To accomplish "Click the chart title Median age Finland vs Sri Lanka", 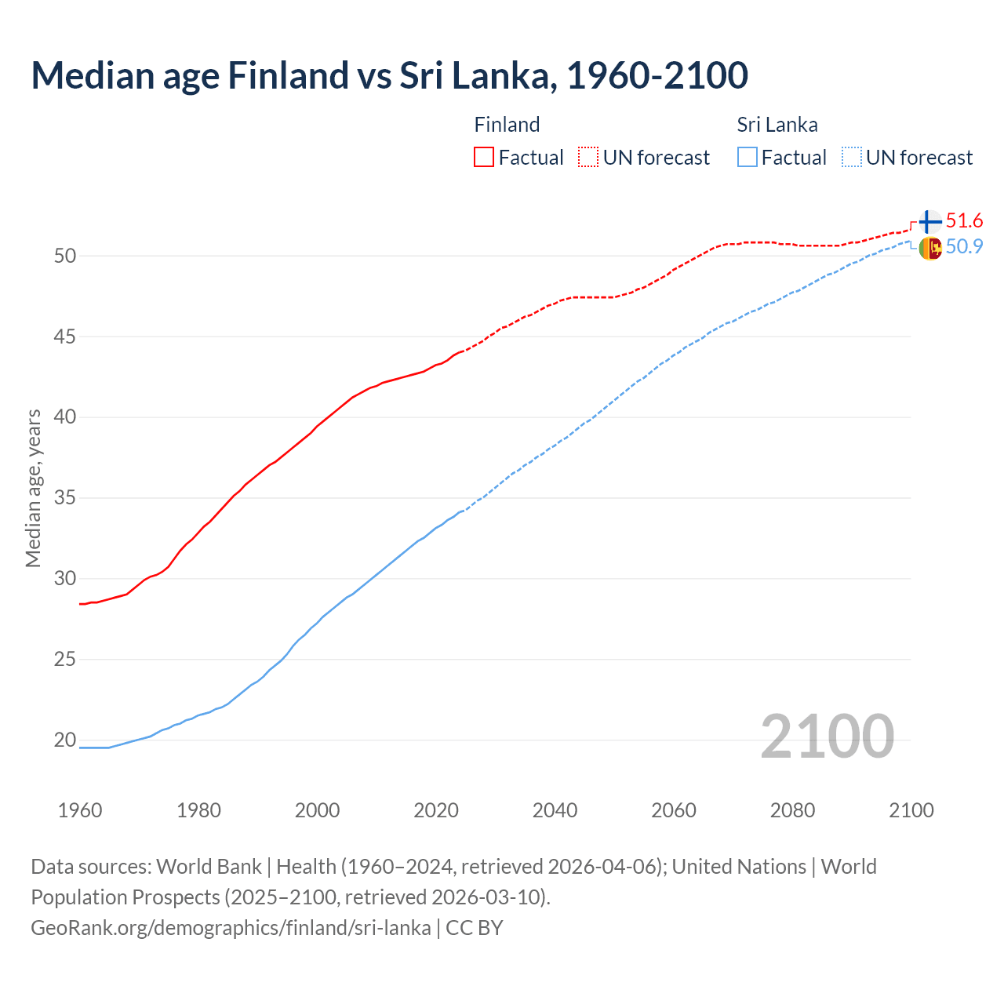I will (x=389, y=75).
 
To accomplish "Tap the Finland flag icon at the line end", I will (x=930, y=222).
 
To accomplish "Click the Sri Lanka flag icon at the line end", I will (x=930, y=248).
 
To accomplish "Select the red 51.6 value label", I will (x=964, y=221).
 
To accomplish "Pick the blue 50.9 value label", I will (x=964, y=246).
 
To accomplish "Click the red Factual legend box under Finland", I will (x=484, y=157).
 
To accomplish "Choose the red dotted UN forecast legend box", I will (x=588, y=157).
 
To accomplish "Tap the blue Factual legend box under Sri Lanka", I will (x=748, y=157).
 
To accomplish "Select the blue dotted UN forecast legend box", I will (x=852, y=157).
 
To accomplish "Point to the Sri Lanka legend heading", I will (x=777, y=125).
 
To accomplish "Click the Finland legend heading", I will (x=507, y=125).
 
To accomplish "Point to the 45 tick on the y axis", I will (x=65, y=336).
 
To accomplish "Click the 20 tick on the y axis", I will (x=65, y=740).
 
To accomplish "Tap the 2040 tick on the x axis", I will (x=555, y=810).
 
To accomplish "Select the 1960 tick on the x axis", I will (x=80, y=810).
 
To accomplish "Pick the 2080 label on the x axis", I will (x=792, y=810).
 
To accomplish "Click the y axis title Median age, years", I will (x=33, y=487).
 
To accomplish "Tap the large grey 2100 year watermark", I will (x=827, y=736).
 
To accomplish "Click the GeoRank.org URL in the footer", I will (x=231, y=927).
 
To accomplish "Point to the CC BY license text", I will (x=474, y=927).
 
